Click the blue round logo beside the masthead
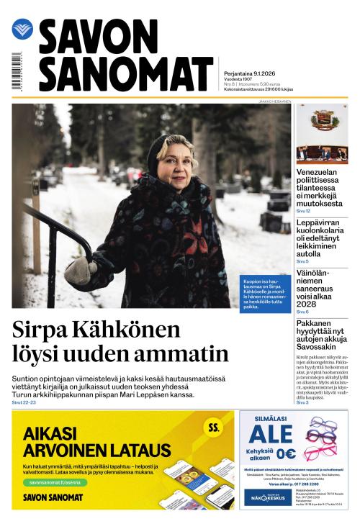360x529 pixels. tap(22, 30)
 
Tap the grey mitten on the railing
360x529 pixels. tap(80, 271)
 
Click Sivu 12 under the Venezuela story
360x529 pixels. tap(303, 211)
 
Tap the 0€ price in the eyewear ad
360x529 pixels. tap(286, 453)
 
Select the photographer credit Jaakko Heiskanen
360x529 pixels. tap(274, 101)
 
